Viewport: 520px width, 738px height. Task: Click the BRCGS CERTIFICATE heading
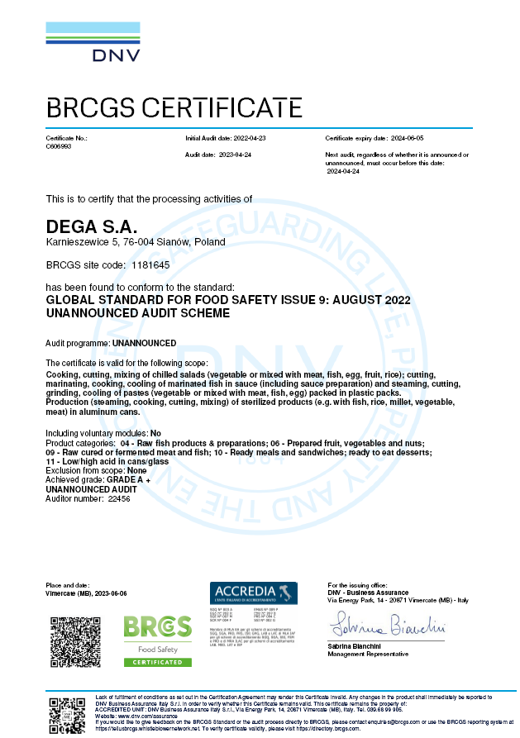click(x=174, y=107)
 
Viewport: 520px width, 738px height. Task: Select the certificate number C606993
click(x=59, y=145)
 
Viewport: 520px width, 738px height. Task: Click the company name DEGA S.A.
click(x=91, y=226)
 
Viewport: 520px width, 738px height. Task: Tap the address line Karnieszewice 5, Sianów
click(x=135, y=242)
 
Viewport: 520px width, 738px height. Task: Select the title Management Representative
click(x=368, y=654)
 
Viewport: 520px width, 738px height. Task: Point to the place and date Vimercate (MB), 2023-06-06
click(x=87, y=593)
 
